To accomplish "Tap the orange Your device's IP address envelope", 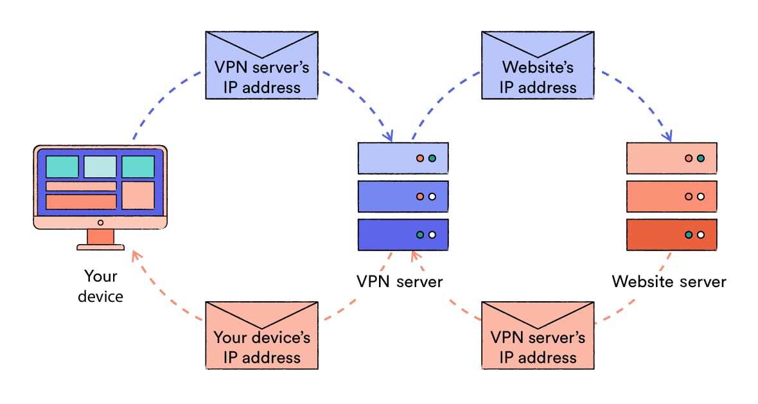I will coord(262,335).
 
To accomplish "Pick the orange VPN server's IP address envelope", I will coord(538,335).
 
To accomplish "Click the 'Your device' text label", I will coord(101,286).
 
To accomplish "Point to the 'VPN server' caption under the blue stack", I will coord(400,281).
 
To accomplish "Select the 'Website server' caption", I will coord(669,281).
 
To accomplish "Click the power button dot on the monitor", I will coord(100,223).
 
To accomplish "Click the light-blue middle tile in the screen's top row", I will coord(100,166).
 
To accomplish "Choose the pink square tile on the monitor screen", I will coord(138,195).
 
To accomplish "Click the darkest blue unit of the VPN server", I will coord(403,235).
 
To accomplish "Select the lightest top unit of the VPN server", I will coord(403,158).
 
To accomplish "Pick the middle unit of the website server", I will coord(671,197).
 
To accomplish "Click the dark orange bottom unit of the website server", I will coord(671,235).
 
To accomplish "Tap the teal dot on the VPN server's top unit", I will coord(432,158).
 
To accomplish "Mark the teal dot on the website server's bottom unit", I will coord(689,235).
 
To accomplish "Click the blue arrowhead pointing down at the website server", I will coord(667,136).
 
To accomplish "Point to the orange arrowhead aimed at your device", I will coord(136,255).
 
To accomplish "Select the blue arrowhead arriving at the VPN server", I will coord(389,136).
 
